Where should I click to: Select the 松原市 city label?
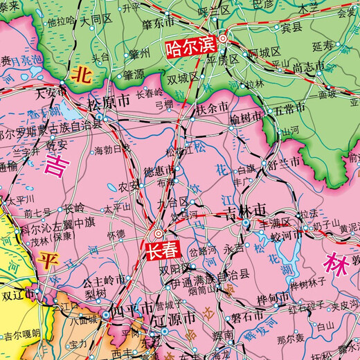[109, 102]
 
